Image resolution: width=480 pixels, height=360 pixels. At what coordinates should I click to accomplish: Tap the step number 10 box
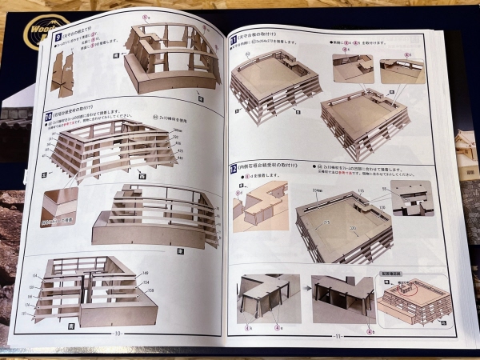click(x=50, y=116)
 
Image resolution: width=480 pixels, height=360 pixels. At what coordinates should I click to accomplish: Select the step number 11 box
click(x=234, y=38)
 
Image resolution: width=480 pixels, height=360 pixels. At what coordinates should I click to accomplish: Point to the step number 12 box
click(x=233, y=169)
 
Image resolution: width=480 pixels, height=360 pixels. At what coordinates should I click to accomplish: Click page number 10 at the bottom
click(x=118, y=334)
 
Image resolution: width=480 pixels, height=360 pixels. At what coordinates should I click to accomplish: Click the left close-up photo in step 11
click(x=352, y=70)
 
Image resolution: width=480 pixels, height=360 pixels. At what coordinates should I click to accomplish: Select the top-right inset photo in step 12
click(x=410, y=197)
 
